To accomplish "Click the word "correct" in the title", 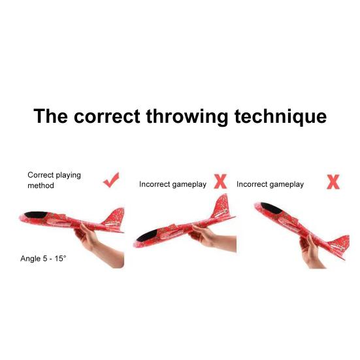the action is (x=106, y=116).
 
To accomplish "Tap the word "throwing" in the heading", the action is (x=187, y=117).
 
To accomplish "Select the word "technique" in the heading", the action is (x=280, y=117).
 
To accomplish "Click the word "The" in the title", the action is (x=50, y=116).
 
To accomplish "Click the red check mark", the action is (x=111, y=180).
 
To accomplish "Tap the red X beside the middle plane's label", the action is (x=220, y=182).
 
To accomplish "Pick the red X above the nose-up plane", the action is (x=333, y=182).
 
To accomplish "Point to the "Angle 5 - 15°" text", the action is (x=43, y=259).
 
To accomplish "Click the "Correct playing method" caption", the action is (x=54, y=180).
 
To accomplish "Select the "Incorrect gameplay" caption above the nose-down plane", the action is (x=173, y=184).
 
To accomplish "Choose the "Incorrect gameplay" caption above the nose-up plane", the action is (x=270, y=184).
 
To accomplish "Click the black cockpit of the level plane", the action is (x=36, y=215).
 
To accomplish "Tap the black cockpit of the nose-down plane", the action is (x=147, y=235).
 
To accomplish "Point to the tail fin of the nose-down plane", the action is (x=221, y=206).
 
